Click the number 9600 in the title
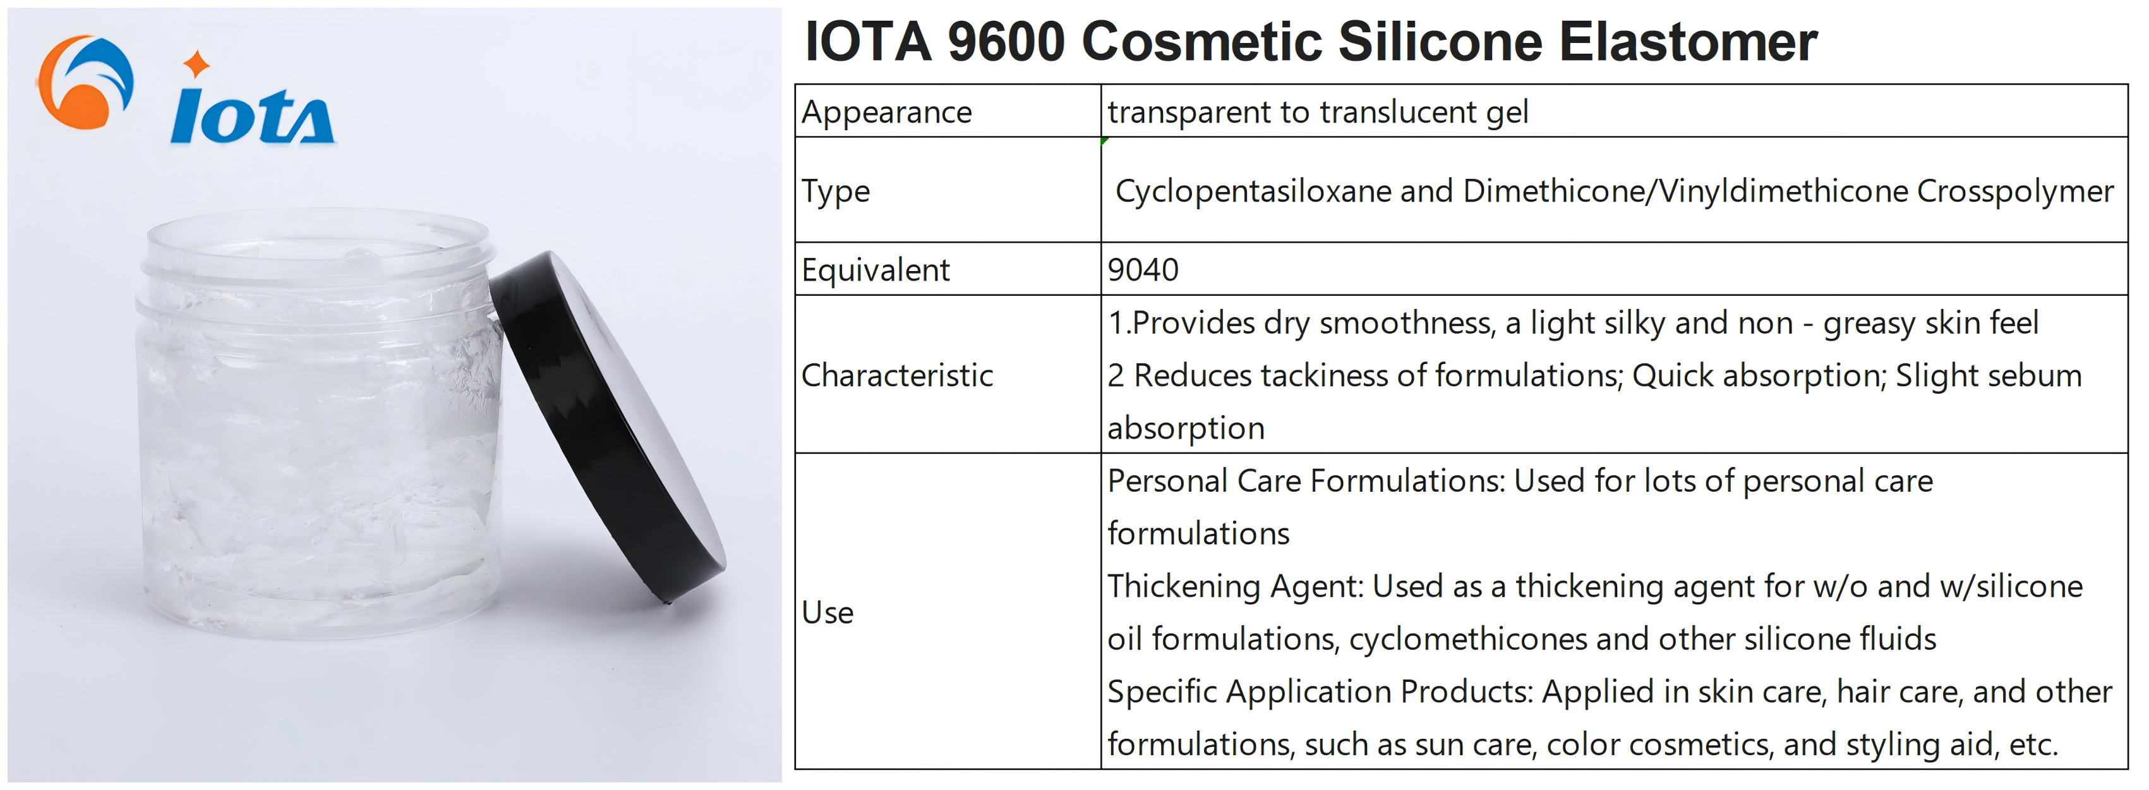click(1006, 41)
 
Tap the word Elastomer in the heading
click(1688, 41)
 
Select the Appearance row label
click(887, 112)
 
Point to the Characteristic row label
click(897, 375)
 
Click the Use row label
click(828, 612)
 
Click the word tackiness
click(1325, 375)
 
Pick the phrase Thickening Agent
click(1235, 586)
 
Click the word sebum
click(2035, 375)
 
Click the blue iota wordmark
click(252, 117)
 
